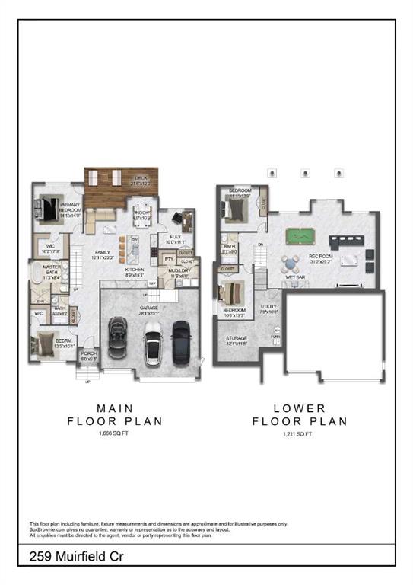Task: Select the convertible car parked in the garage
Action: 119,337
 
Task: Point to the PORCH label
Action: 89,355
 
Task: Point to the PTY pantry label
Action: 169,260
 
